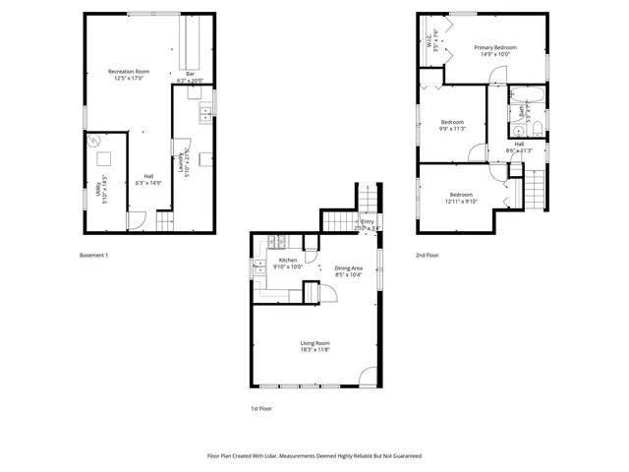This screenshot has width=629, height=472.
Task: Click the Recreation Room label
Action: point(129,72)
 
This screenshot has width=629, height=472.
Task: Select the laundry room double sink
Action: point(206,114)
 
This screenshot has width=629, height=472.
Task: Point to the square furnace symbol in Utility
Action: point(105,159)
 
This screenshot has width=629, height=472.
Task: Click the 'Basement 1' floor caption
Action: point(93,255)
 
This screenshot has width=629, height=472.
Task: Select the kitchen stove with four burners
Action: point(278,243)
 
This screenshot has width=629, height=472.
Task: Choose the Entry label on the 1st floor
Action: point(367,221)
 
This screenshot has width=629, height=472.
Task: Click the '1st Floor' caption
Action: point(260,407)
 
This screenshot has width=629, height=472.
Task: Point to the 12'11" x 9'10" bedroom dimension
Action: point(460,202)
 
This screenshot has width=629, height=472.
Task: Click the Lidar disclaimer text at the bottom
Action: point(314,456)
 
